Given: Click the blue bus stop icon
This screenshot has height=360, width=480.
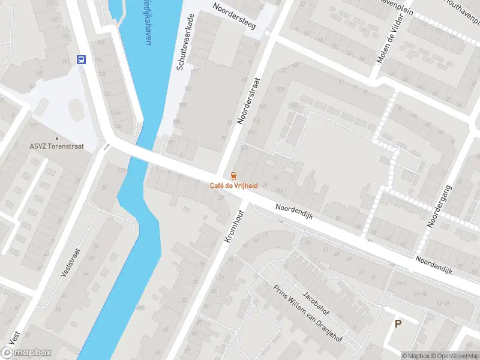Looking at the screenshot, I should (x=81, y=59).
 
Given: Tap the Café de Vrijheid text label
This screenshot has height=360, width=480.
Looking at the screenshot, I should (x=234, y=185).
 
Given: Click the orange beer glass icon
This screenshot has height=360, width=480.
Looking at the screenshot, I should (x=234, y=176).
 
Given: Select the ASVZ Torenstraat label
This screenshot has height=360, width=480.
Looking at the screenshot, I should (x=56, y=146).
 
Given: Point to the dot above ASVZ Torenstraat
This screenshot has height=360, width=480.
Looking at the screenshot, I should (x=56, y=138).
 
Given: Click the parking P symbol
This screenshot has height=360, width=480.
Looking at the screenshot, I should (x=397, y=323).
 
